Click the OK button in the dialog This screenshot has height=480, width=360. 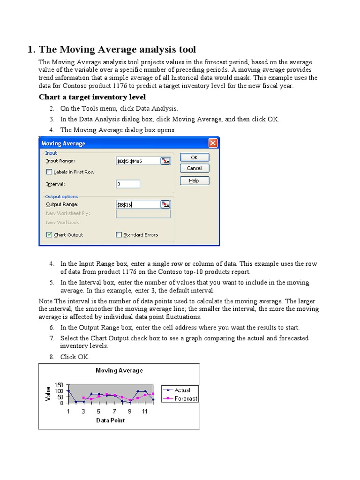click(194, 157)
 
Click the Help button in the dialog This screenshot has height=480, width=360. click(194, 180)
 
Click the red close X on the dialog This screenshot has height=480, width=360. click(213, 143)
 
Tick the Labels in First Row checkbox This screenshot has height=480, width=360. click(50, 172)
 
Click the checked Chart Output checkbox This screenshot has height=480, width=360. click(50, 235)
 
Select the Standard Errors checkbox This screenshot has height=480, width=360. click(119, 235)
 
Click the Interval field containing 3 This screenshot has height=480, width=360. click(127, 184)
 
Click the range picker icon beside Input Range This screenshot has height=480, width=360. click(165, 161)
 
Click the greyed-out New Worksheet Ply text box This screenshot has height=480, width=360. click(143, 214)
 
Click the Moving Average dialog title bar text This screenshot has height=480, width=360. click(64, 143)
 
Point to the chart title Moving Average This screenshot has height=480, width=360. click(119, 370)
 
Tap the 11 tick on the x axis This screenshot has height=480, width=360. click(144, 411)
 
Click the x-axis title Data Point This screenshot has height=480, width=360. click(111, 420)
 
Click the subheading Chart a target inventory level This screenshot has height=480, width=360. click(92, 97)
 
